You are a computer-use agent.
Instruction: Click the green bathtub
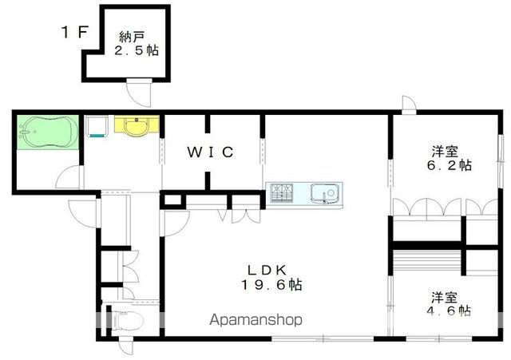click(x=47, y=130)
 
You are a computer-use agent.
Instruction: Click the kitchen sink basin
click(x=325, y=192)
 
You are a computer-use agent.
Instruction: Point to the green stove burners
click(x=281, y=192)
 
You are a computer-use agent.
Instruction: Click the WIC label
click(x=211, y=152)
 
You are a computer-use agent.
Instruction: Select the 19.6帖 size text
click(x=272, y=285)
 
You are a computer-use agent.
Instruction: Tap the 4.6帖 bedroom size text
click(x=450, y=310)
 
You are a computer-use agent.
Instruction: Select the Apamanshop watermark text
click(x=256, y=320)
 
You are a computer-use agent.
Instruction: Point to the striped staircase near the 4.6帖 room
click(x=427, y=261)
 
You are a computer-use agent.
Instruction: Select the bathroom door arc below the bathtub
click(x=69, y=177)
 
